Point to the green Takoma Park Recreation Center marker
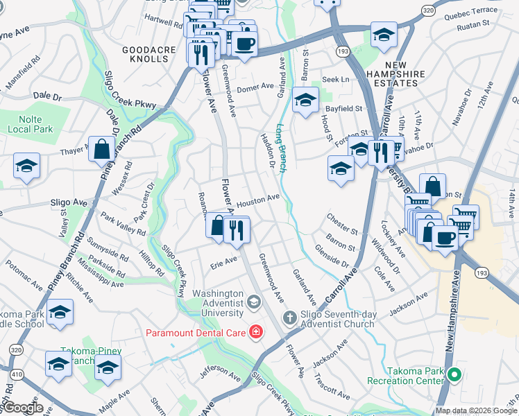pyautogui.click(x=454, y=376)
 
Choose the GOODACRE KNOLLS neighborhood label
pyautogui.click(x=146, y=54)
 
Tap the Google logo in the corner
pyautogui.click(x=22, y=408)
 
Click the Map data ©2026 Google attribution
pyautogui.click(x=476, y=410)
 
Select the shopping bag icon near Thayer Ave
pyautogui.click(x=101, y=148)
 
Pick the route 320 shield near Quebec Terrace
pyautogui.click(x=429, y=10)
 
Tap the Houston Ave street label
pyautogui.click(x=257, y=201)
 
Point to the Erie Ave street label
pyautogui.click(x=223, y=262)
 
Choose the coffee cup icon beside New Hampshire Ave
pyautogui.click(x=444, y=236)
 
